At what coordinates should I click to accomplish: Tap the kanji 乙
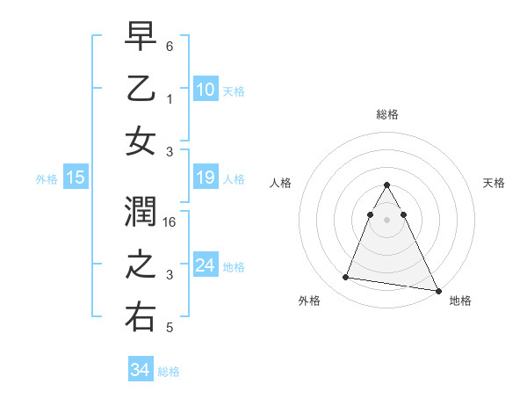[141, 90]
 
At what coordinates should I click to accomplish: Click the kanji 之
[141, 265]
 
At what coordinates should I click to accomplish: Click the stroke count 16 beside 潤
[170, 223]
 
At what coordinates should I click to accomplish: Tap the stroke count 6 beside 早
[170, 46]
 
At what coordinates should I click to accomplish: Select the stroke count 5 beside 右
[170, 329]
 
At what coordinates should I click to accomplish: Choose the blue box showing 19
[206, 178]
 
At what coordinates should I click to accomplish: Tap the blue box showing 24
[206, 265]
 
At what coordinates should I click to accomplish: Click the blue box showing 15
[76, 178]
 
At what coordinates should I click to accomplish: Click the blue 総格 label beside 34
[169, 372]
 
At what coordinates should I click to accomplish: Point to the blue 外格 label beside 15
[47, 179]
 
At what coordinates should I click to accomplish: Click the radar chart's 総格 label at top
[386, 114]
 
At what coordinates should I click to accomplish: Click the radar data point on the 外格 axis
[346, 278]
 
